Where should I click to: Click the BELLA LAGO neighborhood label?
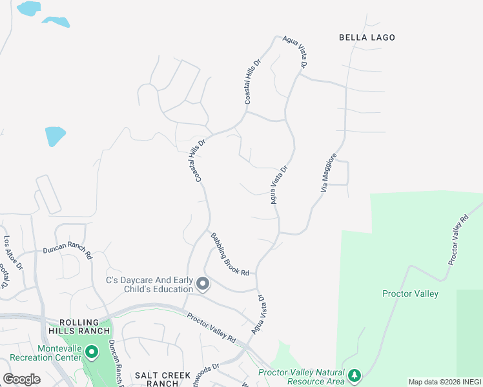click(367, 37)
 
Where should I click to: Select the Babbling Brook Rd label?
click(229, 254)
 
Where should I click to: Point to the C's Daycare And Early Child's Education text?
click(149, 284)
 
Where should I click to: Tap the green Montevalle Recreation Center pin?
click(92, 352)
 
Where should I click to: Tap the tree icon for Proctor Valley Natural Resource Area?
click(354, 375)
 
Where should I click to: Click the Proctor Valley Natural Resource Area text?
click(302, 375)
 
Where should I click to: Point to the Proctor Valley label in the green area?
click(410, 294)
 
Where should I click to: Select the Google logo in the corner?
click(22, 379)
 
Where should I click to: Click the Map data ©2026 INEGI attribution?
click(444, 382)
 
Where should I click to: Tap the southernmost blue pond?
click(55, 136)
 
